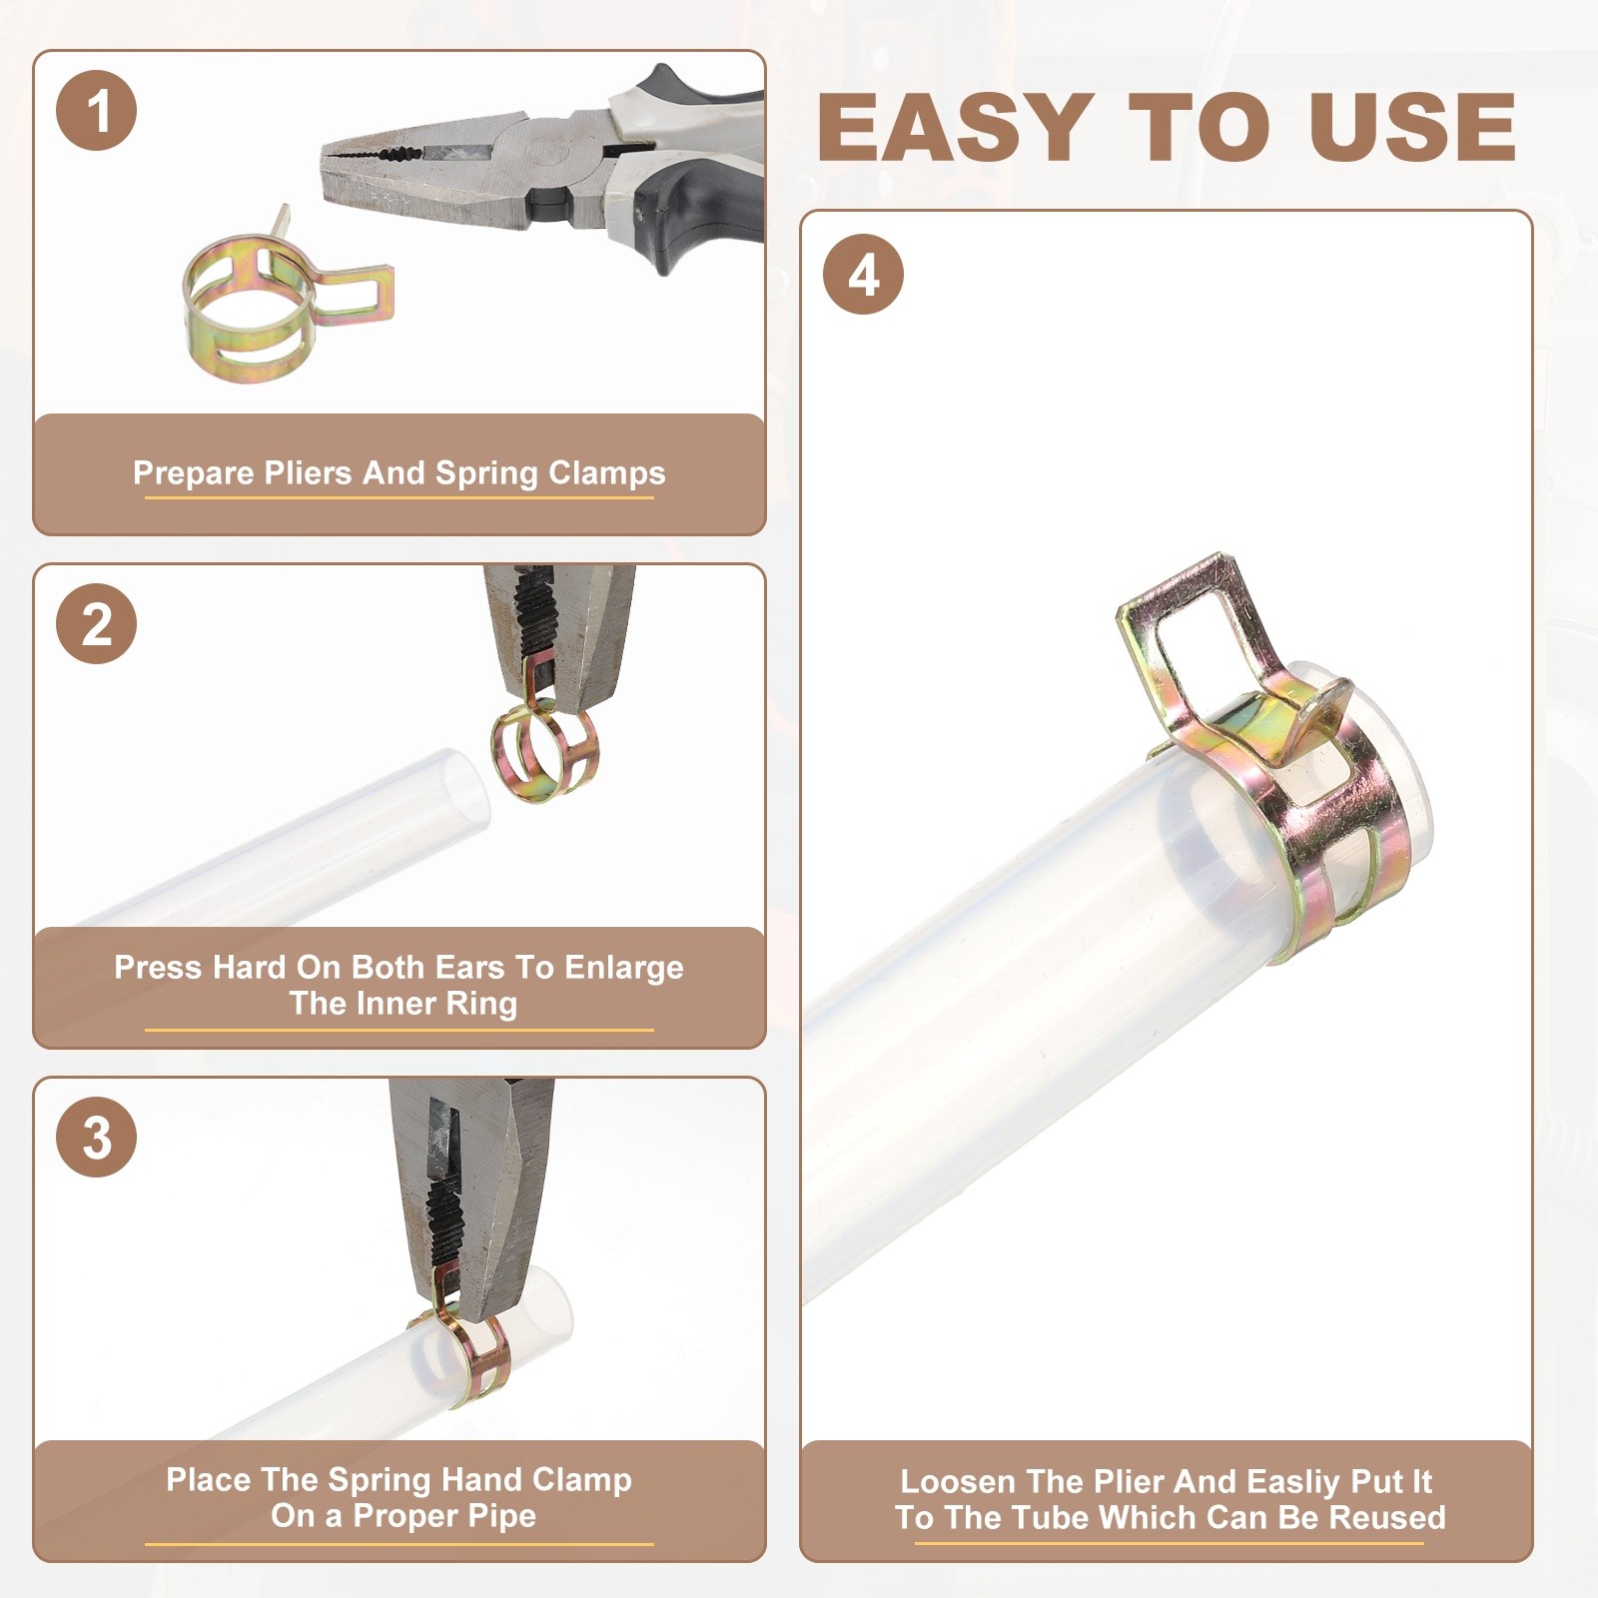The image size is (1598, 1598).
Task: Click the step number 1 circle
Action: pos(97,111)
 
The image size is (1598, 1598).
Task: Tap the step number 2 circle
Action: pos(97,624)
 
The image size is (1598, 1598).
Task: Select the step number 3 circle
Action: pos(97,1137)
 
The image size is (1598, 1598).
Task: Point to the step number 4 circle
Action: pos(864,275)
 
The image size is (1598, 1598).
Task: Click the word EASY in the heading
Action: pos(955,127)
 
